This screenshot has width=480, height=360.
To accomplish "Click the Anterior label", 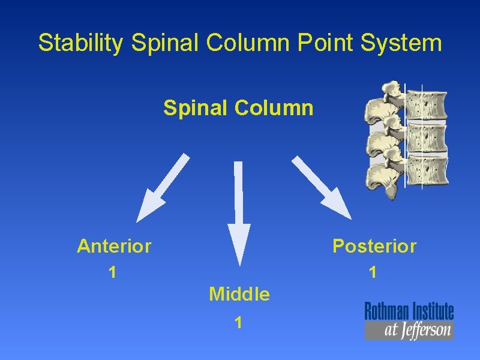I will point(114,246).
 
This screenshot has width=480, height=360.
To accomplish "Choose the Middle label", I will point(239,294).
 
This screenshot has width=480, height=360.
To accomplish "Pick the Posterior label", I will point(374,246).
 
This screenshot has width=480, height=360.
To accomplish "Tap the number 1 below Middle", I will point(239,323).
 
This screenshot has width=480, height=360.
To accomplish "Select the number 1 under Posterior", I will point(373,273).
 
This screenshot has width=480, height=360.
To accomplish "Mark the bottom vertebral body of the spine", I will point(427,170).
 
